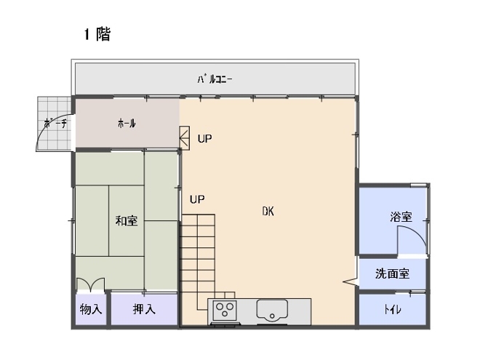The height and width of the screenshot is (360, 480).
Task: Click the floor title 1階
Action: tap(97, 34)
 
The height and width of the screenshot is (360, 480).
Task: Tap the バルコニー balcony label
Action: tap(215, 79)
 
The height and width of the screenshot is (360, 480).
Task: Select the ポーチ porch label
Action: tap(55, 124)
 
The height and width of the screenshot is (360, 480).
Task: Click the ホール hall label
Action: tap(127, 124)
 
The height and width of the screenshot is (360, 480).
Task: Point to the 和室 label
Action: tap(127, 220)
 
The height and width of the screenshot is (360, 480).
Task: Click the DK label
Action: tap(268, 211)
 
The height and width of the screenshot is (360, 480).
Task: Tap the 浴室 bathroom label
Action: tap(401, 217)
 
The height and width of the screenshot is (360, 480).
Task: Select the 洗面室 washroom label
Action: tap(393, 273)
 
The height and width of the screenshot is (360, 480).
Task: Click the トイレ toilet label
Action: tap(393, 310)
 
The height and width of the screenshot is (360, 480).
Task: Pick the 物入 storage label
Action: tap(91, 309)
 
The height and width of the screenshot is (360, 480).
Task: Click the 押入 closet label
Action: tap(144, 309)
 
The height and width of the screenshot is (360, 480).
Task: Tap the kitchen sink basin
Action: tap(272, 310)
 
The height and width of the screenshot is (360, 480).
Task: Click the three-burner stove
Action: tap(225, 311)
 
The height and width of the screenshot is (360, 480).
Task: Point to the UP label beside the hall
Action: tap(205, 139)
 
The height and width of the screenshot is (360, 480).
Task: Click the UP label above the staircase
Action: tap(197, 199)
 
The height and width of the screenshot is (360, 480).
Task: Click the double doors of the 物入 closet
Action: tap(91, 284)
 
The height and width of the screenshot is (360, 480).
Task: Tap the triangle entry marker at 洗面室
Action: tap(351, 281)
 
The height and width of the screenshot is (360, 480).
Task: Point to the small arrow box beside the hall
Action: tap(185, 137)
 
